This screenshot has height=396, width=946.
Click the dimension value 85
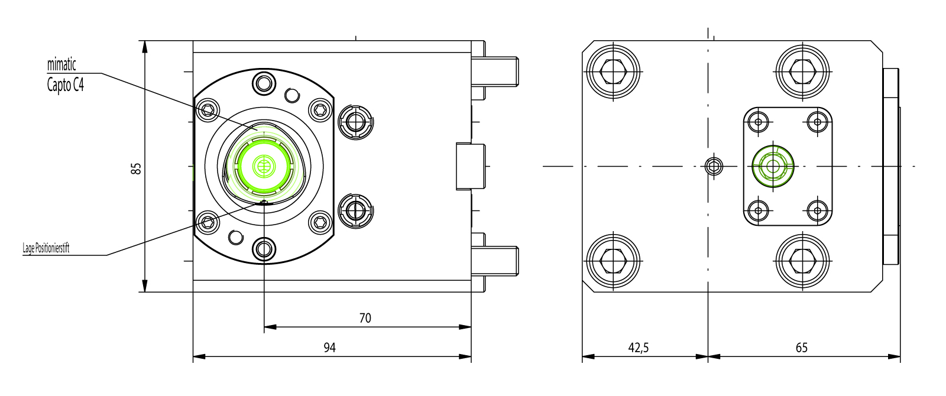click(x=137, y=168)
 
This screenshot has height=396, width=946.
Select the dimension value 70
click(x=365, y=318)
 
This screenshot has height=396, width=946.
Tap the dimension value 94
click(x=329, y=348)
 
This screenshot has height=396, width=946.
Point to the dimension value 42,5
click(x=638, y=348)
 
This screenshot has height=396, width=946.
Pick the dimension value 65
click(x=801, y=348)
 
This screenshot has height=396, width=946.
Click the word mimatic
click(x=61, y=64)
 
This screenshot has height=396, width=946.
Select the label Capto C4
click(x=66, y=85)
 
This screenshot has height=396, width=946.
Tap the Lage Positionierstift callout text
click(x=46, y=248)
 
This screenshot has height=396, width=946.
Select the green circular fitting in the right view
click(x=772, y=166)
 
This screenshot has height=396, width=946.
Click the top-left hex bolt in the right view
click(x=613, y=72)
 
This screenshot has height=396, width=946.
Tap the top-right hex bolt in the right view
click(x=804, y=72)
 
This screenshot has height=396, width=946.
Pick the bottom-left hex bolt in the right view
click(x=613, y=261)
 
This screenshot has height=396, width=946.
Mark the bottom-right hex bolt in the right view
click(x=804, y=261)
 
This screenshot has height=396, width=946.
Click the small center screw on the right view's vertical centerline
click(x=714, y=166)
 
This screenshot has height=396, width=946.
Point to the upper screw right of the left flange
click(x=355, y=122)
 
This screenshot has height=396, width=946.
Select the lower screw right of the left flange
click(x=355, y=210)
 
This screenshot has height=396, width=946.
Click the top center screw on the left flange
click(x=264, y=83)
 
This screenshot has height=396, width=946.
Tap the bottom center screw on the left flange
click(x=264, y=249)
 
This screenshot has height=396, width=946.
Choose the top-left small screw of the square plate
click(x=758, y=122)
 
